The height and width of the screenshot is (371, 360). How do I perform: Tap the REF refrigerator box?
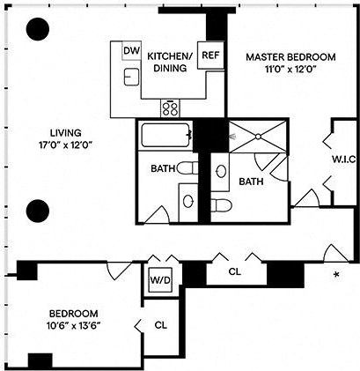[x=209, y=55]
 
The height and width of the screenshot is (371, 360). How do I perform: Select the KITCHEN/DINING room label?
[x=165, y=61]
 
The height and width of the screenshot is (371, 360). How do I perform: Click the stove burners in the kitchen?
[x=170, y=109]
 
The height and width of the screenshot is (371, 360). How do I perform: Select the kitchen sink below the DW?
[x=131, y=78]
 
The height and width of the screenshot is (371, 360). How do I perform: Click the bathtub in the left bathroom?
[x=165, y=137]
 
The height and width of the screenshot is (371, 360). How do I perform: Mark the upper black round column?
[x=37, y=31]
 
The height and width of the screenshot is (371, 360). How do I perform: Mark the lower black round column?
[x=37, y=210]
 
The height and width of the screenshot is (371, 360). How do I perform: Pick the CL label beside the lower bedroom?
[x=160, y=324]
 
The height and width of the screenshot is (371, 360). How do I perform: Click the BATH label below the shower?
[x=252, y=182]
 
